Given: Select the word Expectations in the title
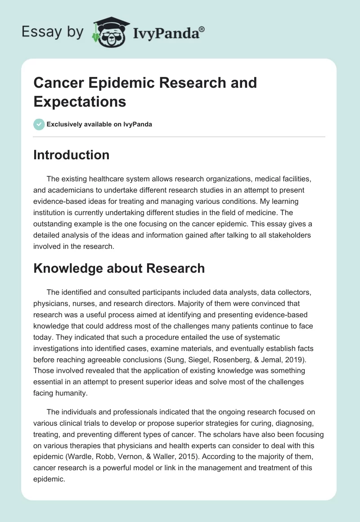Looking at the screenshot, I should (80, 102).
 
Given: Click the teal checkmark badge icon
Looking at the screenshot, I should (39, 124).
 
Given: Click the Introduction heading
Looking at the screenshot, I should (72, 155).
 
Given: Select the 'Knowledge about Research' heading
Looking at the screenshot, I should (119, 268).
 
